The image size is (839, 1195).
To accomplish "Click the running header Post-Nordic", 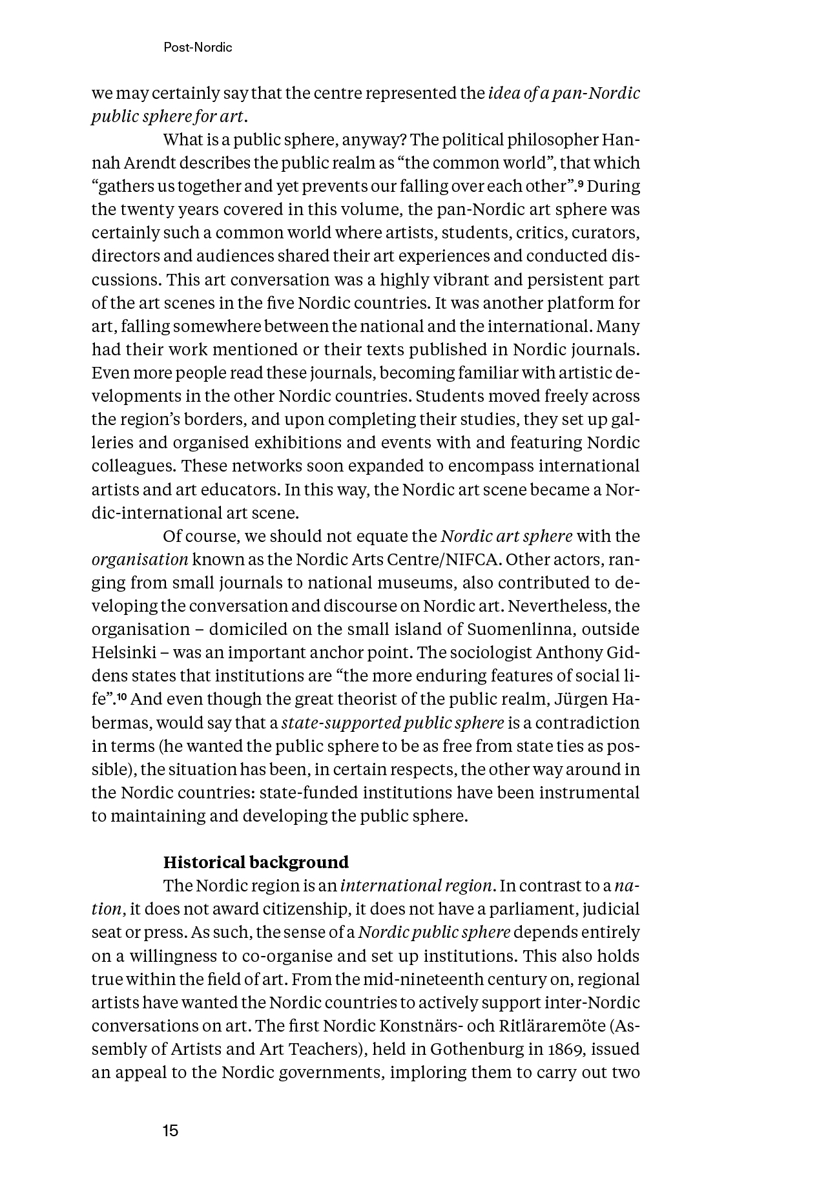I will point(198,48).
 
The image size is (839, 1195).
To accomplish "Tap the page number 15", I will point(171,1130).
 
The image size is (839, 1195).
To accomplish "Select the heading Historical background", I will point(256,862).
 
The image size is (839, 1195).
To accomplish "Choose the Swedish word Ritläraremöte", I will point(542,1026).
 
